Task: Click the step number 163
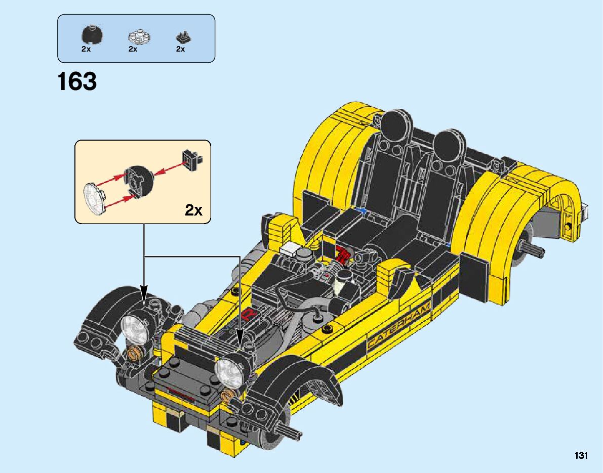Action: click(77, 81)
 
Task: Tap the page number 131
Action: click(581, 455)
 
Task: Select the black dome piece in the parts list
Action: click(92, 34)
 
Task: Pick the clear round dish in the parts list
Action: click(139, 36)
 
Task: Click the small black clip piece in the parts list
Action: click(183, 37)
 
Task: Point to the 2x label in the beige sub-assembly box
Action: click(193, 210)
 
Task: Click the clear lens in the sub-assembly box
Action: click(94, 198)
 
